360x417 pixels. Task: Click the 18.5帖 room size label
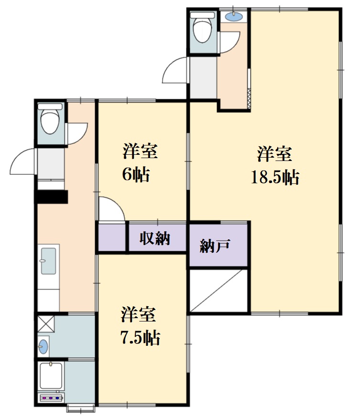point(275,177)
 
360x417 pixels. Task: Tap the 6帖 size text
point(136,174)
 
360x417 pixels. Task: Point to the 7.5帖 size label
point(141,338)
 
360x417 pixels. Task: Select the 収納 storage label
point(155,238)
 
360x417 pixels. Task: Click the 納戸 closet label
point(215,246)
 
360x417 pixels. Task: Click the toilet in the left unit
point(50,119)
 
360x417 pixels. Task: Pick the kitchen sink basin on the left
point(48,261)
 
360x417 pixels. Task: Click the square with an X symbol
point(46,323)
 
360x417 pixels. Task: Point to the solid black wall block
point(52,197)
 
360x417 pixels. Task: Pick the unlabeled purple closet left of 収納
point(112,237)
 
